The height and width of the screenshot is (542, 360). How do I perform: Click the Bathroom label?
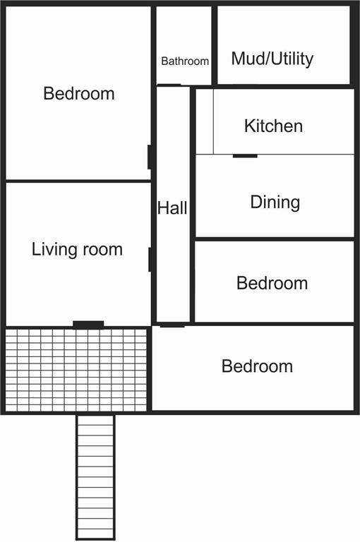[185, 61]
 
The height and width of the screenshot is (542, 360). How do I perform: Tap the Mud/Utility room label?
[272, 59]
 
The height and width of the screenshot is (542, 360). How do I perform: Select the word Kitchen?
[273, 126]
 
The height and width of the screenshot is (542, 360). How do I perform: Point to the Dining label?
[275, 203]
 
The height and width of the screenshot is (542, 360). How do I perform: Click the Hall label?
[172, 208]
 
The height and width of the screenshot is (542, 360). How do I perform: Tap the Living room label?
[77, 249]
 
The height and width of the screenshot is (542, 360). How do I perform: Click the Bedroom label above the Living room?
[78, 93]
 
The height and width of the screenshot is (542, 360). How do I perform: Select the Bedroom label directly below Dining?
[272, 283]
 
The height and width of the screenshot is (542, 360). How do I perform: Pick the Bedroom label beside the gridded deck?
[257, 366]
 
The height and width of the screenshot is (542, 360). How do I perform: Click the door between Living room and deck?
[88, 325]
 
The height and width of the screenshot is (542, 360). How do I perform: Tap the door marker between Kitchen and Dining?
[245, 155]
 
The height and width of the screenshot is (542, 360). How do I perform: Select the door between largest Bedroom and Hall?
[150, 157]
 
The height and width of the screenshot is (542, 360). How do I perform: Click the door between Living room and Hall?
[150, 259]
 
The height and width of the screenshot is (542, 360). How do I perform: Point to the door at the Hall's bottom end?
[172, 325]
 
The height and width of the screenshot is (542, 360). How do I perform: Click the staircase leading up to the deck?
[95, 476]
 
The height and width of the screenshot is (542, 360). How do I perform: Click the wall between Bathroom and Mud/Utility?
[214, 44]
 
